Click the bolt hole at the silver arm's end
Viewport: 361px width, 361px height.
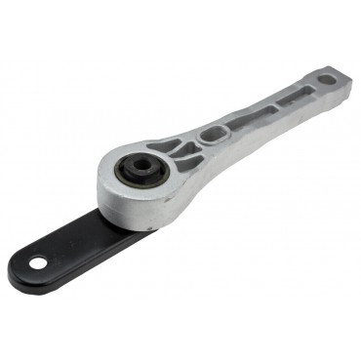point(327,79)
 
